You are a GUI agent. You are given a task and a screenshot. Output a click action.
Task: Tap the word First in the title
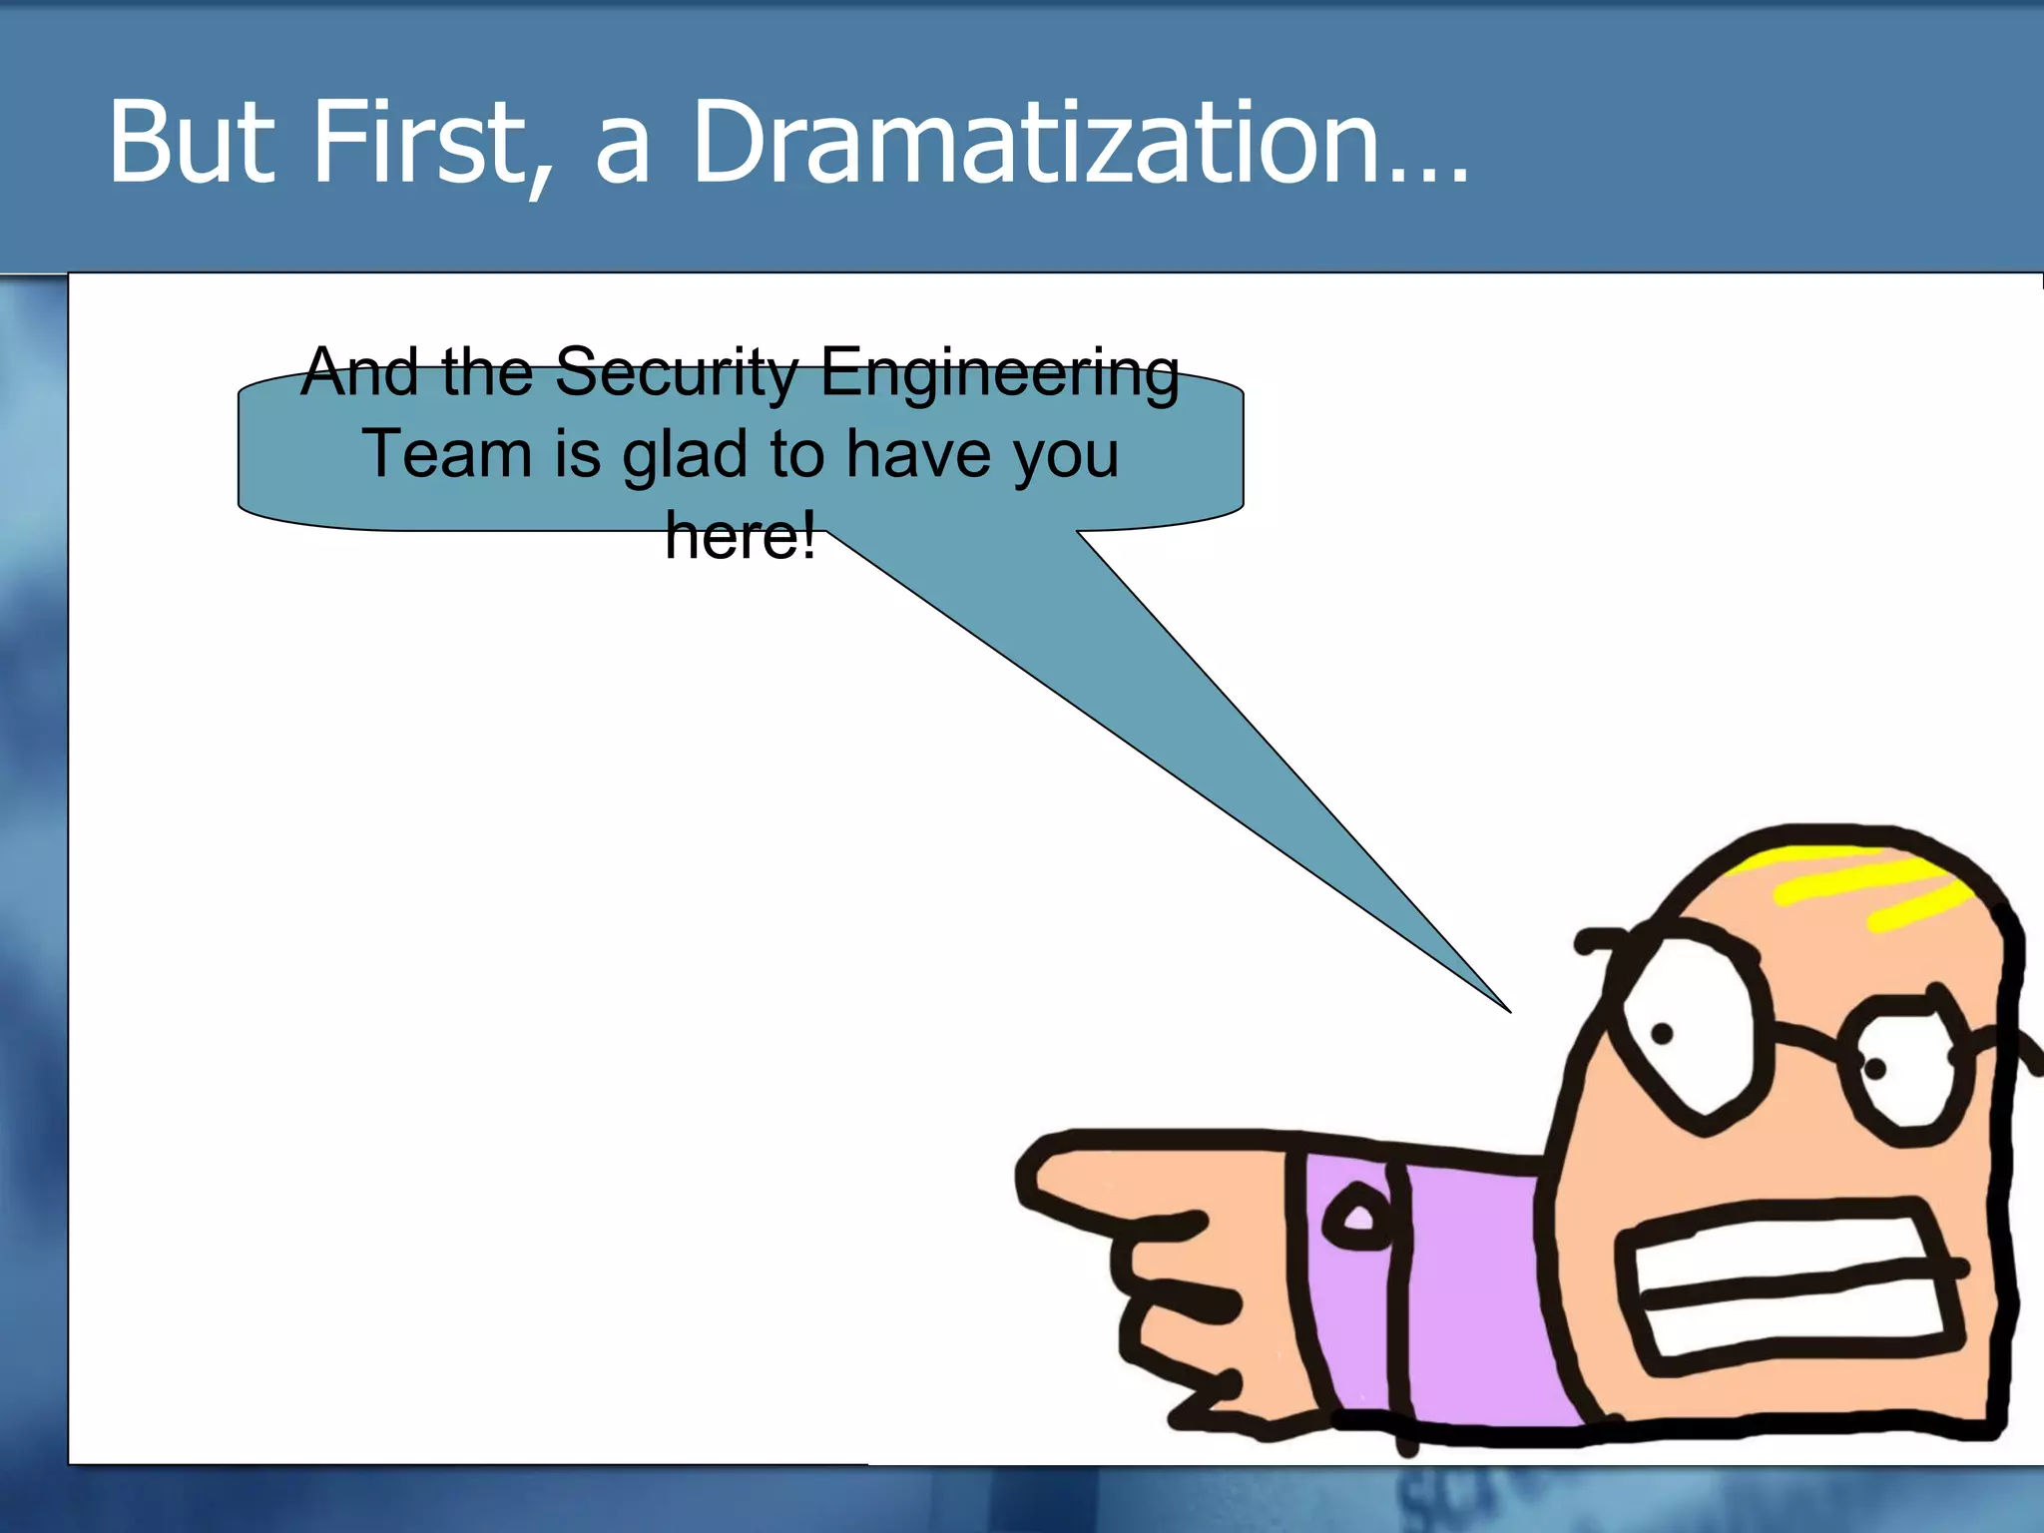(x=419, y=142)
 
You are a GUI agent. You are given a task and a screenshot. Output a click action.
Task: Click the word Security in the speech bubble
(x=678, y=372)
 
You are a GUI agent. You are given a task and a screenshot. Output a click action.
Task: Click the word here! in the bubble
(x=740, y=536)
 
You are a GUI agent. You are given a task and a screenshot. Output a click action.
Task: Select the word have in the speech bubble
(x=922, y=454)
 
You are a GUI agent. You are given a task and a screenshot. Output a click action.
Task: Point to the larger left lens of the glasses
(x=1687, y=1033)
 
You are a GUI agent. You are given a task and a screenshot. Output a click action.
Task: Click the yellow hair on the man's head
(x=1866, y=883)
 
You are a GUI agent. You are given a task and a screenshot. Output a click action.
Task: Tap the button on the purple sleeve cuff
(x=1356, y=1218)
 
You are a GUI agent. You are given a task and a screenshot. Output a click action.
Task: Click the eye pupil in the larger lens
(x=1662, y=1034)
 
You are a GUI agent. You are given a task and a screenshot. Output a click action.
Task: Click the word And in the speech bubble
(x=359, y=372)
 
